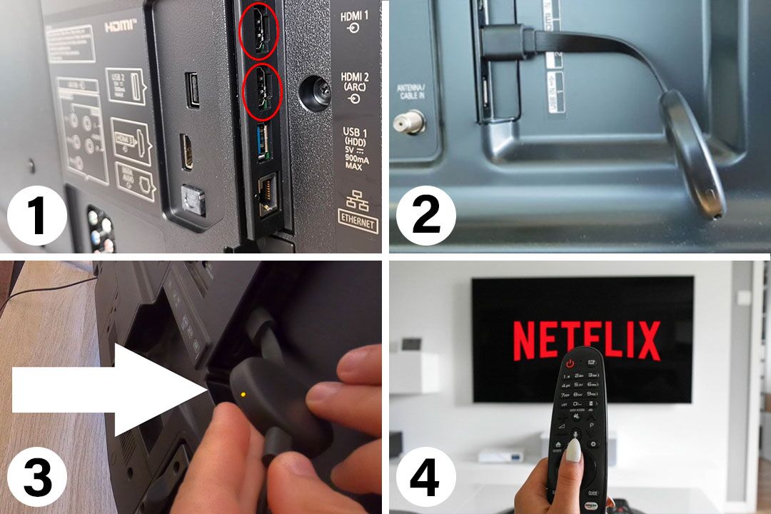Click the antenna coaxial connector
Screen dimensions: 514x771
(409, 122)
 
